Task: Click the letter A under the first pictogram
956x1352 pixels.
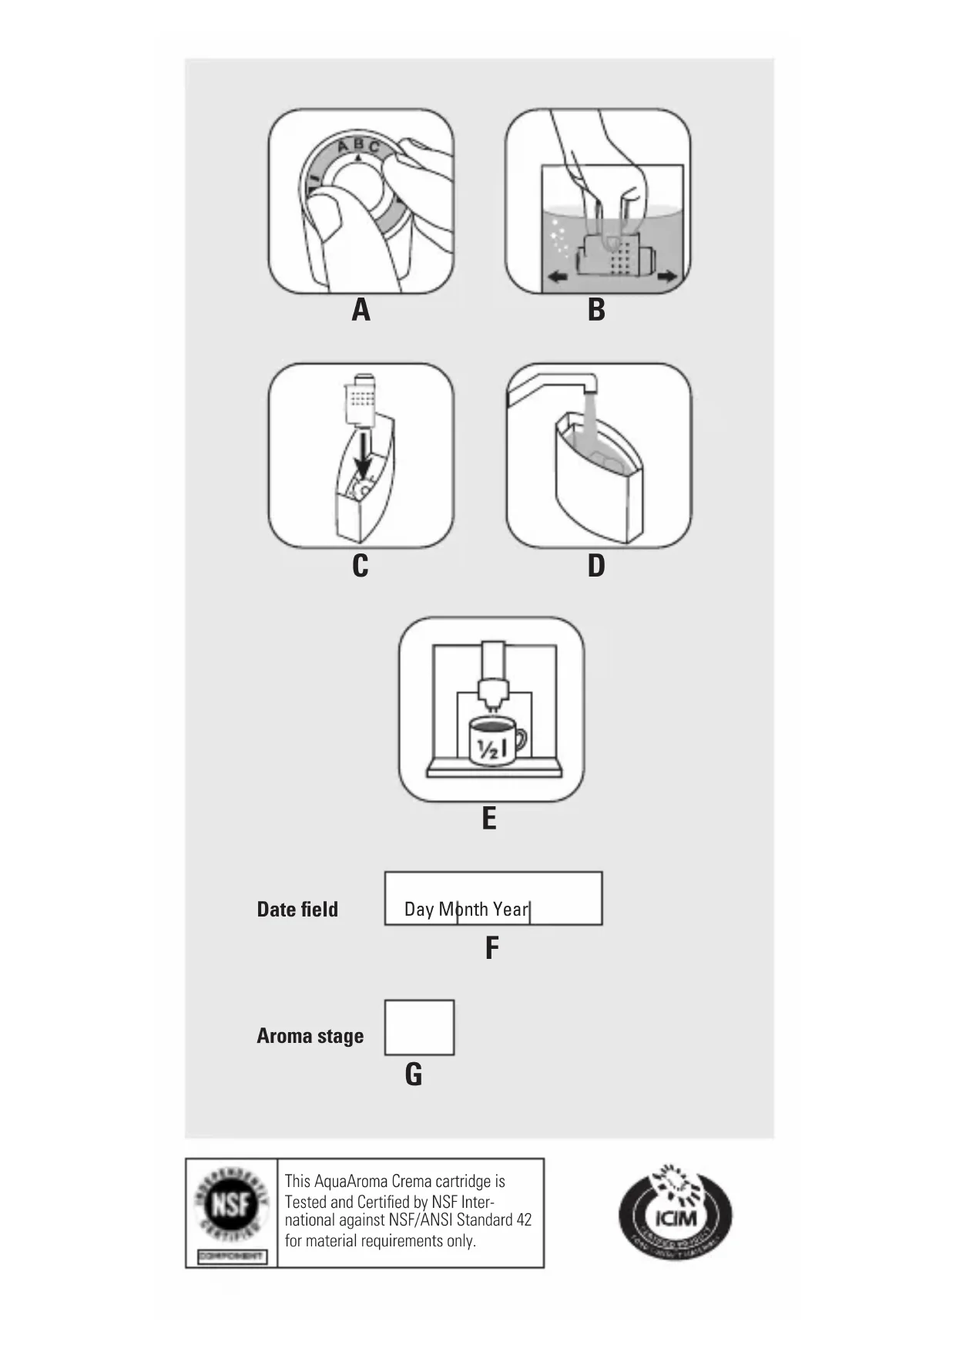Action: tap(361, 311)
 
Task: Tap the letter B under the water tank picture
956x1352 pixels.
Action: tap(596, 311)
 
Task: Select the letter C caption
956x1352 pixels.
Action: tap(360, 567)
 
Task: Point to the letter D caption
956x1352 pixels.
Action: tap(596, 567)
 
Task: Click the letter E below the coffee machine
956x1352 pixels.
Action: tap(489, 819)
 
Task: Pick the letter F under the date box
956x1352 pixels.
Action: tap(491, 948)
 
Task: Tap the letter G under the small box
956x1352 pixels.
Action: tap(414, 1075)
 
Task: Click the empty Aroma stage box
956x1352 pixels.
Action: tap(419, 1027)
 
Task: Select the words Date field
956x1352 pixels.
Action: tap(297, 910)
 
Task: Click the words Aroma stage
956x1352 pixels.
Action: tap(310, 1036)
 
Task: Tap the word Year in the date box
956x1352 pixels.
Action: tap(510, 910)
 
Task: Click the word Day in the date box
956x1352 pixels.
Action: tap(419, 910)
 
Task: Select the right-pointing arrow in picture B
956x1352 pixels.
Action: tap(667, 277)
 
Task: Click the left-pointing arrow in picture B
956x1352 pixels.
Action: tap(556, 277)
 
